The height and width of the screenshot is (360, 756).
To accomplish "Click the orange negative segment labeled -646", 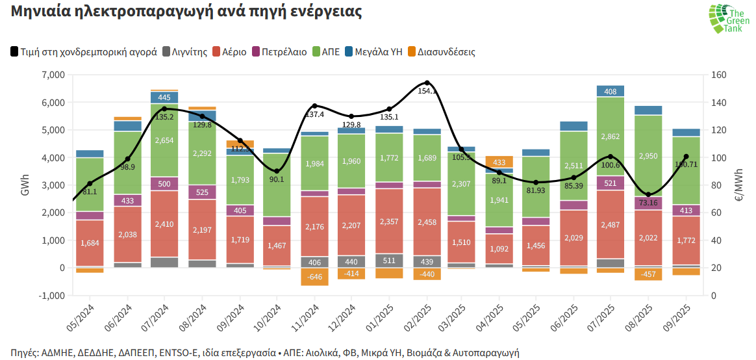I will pyautogui.click(x=314, y=277).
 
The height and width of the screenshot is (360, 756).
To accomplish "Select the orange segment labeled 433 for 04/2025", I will pyautogui.click(x=499, y=162).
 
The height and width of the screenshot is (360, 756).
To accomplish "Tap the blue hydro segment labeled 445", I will pyautogui.click(x=164, y=97).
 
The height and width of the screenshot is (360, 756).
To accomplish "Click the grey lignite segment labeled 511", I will pyautogui.click(x=389, y=261).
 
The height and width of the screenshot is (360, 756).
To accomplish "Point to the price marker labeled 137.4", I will pyautogui.click(x=314, y=106).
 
